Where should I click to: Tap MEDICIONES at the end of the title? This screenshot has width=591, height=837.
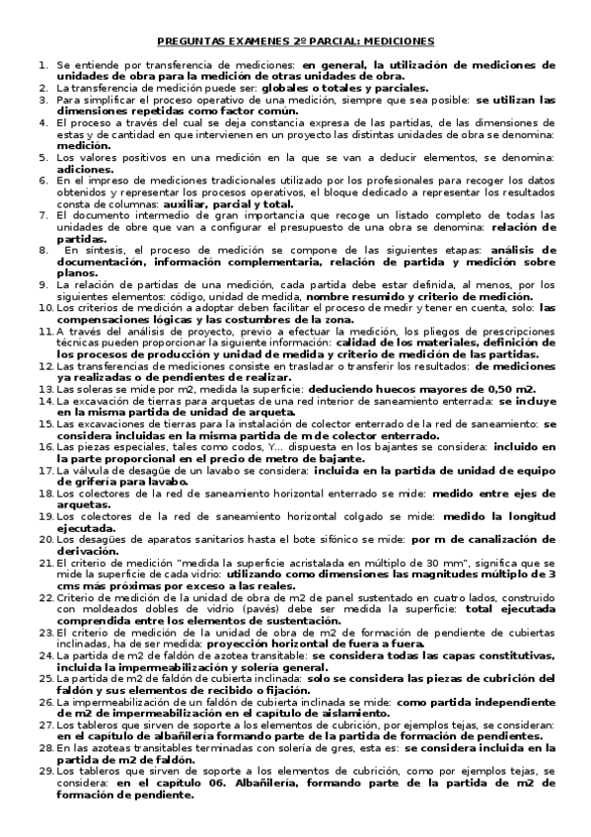pos(395,41)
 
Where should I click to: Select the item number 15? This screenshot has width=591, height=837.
pos(44,396)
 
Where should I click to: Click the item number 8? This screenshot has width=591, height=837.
pos(44,251)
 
